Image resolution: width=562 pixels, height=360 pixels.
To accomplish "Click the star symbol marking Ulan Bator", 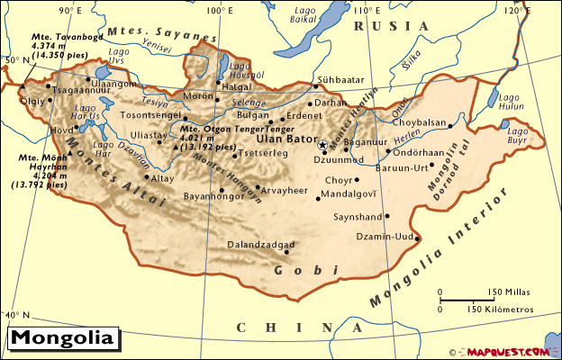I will click(322, 144).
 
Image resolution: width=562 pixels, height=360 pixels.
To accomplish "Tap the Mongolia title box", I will click(62, 339).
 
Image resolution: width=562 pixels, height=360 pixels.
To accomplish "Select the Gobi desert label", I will click(306, 269).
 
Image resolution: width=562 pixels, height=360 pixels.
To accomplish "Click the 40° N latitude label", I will click(17, 315).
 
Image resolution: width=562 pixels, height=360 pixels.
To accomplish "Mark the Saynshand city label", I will click(357, 216).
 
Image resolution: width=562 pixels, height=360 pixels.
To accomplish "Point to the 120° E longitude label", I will click(512, 10).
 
